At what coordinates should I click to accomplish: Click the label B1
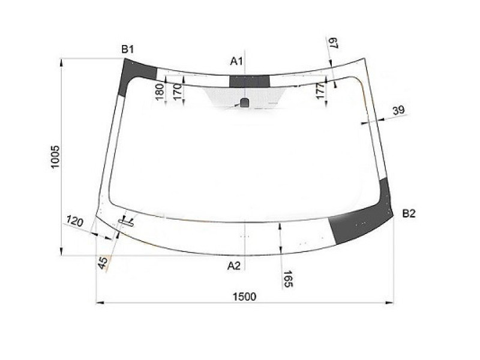127,50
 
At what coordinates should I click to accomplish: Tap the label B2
409,213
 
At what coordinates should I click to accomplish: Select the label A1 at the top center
236,61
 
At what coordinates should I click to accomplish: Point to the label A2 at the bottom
234,266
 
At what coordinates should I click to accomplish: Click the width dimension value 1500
244,296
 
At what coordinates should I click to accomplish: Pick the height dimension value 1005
56,157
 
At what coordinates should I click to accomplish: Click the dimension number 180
160,93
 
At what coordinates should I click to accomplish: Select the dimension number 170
176,93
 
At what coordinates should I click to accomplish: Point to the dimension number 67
334,44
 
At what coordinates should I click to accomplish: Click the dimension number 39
398,110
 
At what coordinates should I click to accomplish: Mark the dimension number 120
74,222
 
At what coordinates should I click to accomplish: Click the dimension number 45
103,262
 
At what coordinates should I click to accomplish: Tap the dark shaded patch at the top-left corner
130,76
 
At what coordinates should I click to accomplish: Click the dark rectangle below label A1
249,82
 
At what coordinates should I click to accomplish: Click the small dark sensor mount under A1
244,102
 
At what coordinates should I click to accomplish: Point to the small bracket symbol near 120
127,222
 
